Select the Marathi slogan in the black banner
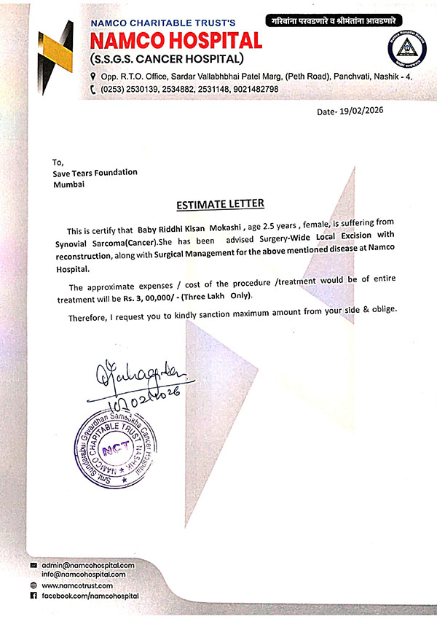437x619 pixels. click(333, 23)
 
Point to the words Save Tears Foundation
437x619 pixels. click(95, 173)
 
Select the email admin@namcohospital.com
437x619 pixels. click(89, 566)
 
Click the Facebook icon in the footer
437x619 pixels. click(34, 596)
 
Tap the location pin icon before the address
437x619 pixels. click(92, 75)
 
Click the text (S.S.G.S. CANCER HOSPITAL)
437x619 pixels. click(165, 58)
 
